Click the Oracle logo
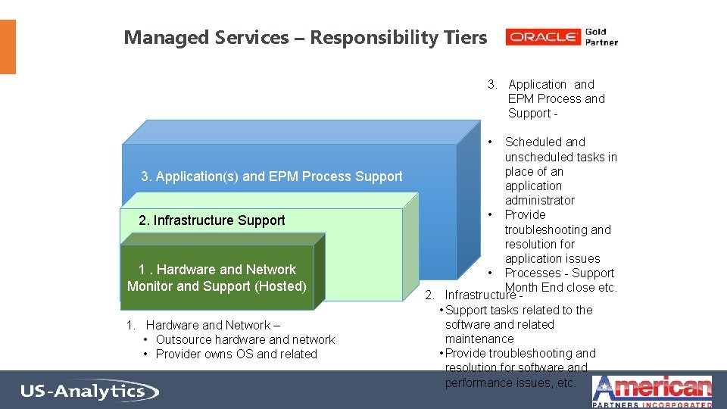(x=543, y=37)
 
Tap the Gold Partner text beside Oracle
(x=601, y=37)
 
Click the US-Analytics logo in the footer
(x=89, y=392)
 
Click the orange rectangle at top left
(x=8, y=47)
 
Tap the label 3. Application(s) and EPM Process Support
(x=272, y=176)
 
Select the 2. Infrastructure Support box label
(x=212, y=220)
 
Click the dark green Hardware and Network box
(x=217, y=278)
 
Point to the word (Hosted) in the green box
(x=280, y=286)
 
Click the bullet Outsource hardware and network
(x=245, y=339)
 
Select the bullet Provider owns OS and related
(x=236, y=354)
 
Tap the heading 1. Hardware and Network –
(x=208, y=325)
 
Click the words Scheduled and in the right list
(x=544, y=142)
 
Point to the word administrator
(x=539, y=200)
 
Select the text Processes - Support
(x=559, y=273)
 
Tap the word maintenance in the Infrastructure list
(x=479, y=339)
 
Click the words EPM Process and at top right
(x=556, y=98)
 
